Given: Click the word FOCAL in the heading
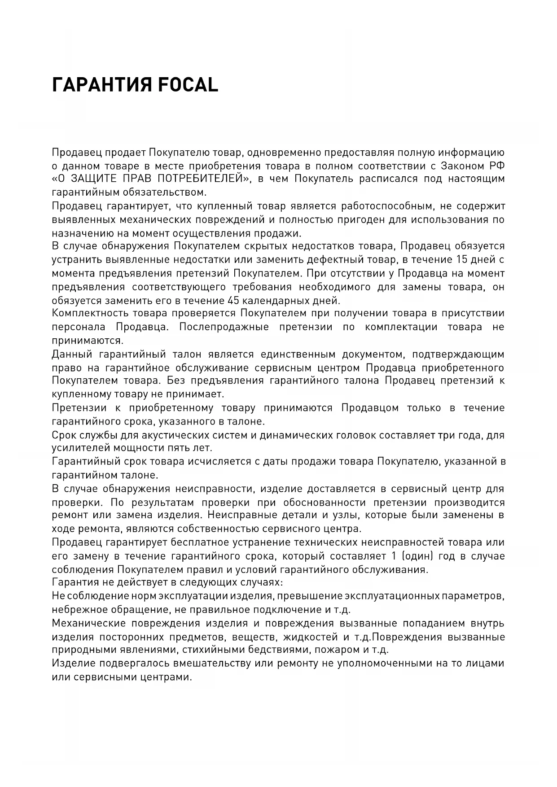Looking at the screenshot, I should [x=188, y=84].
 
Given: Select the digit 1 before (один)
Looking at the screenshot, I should [x=394, y=556].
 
